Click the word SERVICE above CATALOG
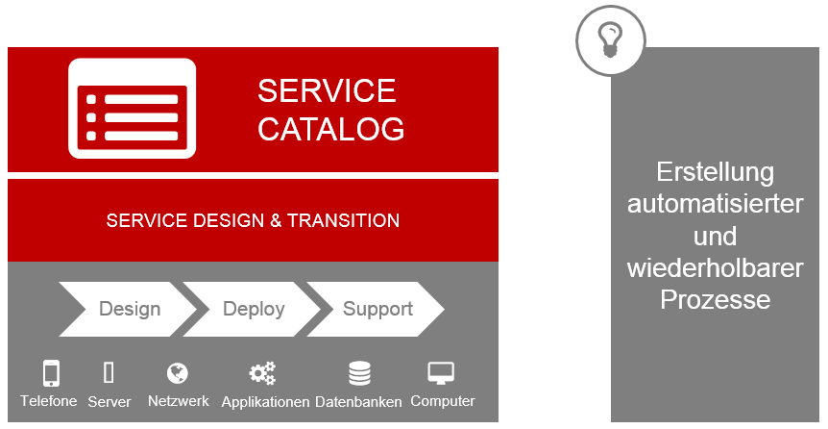tap(327, 90)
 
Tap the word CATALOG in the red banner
tap(331, 129)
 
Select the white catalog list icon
tap(132, 109)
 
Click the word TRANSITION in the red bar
tap(343, 220)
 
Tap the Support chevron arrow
tap(376, 309)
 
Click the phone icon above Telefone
tap(51, 373)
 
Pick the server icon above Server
tap(109, 372)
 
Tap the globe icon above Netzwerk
tap(178, 373)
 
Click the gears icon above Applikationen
tap(262, 373)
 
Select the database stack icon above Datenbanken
tap(359, 373)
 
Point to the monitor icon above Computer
tap(441, 373)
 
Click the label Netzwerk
tap(179, 401)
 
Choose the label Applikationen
tap(265, 402)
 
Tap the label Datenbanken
tap(358, 401)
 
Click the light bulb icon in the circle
tap(609, 40)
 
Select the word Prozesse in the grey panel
tap(716, 300)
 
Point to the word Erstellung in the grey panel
tap(716, 172)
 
